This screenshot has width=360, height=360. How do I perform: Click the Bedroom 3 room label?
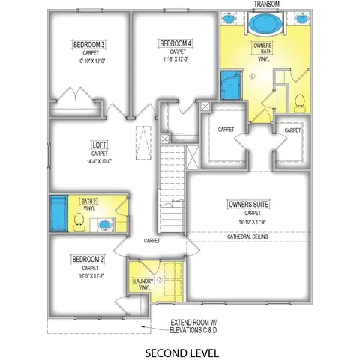click(89, 45)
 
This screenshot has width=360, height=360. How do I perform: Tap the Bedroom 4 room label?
click(175, 43)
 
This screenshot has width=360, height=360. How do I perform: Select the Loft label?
click(99, 145)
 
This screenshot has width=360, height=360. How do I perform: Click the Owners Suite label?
click(248, 205)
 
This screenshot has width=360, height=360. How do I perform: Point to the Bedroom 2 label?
click(88, 259)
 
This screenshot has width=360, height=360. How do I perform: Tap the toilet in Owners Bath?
click(300, 103)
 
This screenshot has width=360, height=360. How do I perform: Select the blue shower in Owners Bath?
click(231, 85)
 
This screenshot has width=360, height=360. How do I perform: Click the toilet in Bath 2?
click(79, 222)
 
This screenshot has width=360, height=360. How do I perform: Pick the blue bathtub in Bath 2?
click(59, 213)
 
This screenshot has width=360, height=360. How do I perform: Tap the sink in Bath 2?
click(103, 224)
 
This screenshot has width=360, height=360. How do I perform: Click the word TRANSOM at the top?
click(267, 4)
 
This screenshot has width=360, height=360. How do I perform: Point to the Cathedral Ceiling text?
click(247, 236)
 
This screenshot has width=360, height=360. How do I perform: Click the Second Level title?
click(182, 353)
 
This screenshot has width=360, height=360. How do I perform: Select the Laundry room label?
click(143, 281)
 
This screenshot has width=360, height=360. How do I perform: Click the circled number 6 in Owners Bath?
click(253, 76)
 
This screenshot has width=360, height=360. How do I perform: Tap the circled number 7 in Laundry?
click(160, 280)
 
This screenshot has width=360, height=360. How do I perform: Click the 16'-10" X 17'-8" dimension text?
click(252, 222)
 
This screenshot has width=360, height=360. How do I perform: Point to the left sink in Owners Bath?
click(229, 18)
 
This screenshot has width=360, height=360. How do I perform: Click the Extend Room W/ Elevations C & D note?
click(193, 326)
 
